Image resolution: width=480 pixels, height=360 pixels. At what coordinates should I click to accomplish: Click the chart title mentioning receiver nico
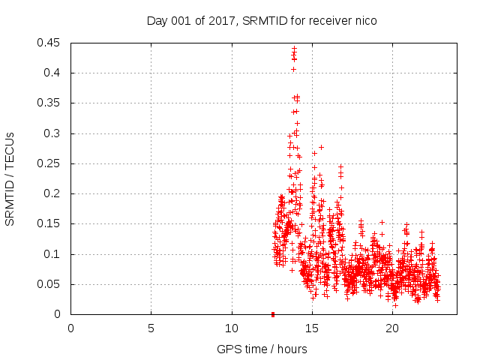click(x=261, y=21)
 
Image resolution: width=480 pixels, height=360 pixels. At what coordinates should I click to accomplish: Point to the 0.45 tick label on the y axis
click(x=50, y=43)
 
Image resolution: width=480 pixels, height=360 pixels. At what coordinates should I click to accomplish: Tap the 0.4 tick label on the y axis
click(x=53, y=73)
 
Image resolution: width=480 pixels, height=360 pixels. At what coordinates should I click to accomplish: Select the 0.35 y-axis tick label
click(x=50, y=103)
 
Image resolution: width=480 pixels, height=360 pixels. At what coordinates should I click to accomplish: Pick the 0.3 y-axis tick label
click(x=53, y=133)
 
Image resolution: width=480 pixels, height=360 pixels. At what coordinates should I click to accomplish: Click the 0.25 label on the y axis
click(x=50, y=163)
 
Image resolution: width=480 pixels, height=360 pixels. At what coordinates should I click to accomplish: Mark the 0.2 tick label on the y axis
click(x=53, y=193)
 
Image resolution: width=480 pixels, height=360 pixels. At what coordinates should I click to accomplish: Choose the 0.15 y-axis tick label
click(x=50, y=224)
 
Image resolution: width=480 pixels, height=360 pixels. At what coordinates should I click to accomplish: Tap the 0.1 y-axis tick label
click(x=53, y=254)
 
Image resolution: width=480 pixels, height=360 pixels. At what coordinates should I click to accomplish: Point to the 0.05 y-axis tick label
click(x=50, y=284)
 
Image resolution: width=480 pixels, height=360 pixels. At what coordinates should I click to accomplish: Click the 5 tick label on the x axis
click(x=151, y=328)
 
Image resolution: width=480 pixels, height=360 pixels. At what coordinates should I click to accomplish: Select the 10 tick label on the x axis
click(x=231, y=328)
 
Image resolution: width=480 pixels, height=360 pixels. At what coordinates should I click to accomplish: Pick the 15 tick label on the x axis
click(x=311, y=328)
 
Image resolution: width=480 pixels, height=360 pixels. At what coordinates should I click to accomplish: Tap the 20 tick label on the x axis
click(x=391, y=328)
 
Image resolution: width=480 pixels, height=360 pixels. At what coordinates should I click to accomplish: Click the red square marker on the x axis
click(x=272, y=314)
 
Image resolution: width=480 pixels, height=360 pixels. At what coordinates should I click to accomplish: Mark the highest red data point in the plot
click(x=294, y=48)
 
